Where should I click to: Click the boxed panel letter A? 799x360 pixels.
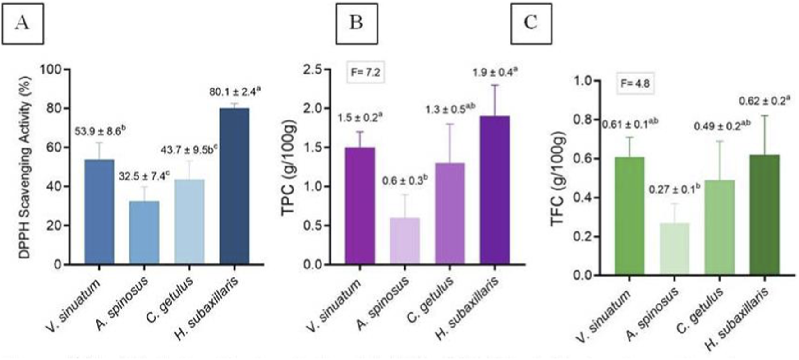[x=22, y=23]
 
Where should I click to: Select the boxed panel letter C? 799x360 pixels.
[x=531, y=23]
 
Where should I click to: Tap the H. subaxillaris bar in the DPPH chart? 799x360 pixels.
[x=234, y=186]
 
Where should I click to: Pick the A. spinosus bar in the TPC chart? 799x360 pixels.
[x=405, y=241]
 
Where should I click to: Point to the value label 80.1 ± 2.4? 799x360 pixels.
[x=234, y=92]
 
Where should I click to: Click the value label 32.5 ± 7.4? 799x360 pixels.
[x=144, y=176]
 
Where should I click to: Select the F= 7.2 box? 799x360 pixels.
[x=366, y=73]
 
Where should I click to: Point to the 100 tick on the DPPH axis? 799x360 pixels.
[x=51, y=70]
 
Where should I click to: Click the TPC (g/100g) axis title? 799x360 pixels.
[x=289, y=168]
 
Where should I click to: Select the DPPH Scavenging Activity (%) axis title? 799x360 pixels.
[x=25, y=167]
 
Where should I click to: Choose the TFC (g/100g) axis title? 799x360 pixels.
[x=557, y=179]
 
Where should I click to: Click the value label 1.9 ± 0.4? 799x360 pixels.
[x=495, y=73]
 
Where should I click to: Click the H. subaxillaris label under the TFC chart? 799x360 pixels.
[x=738, y=320]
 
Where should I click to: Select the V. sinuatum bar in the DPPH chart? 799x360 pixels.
[x=99, y=212]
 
